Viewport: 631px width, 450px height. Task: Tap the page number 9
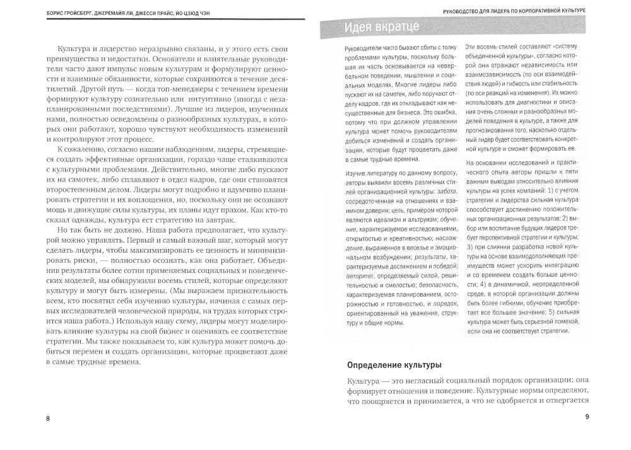tap(587, 416)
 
